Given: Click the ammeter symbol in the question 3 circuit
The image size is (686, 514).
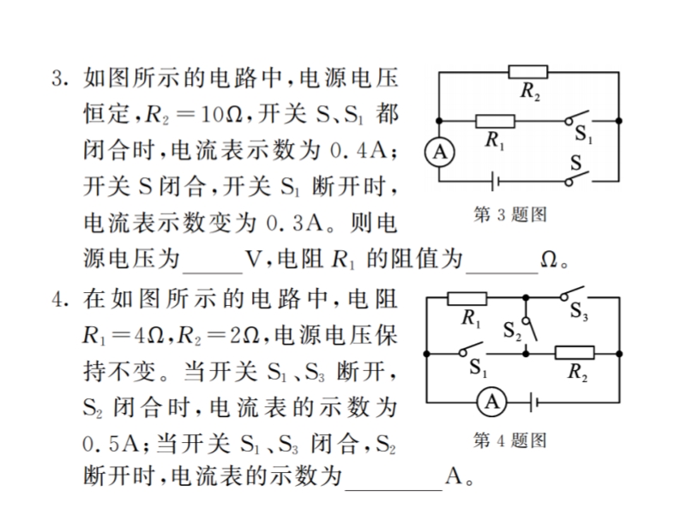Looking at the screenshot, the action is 440,152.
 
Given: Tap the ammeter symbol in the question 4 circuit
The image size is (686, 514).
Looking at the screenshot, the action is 491,402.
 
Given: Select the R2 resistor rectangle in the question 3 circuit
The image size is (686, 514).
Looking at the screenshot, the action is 528,72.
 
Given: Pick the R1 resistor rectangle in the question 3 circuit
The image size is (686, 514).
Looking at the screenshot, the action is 496,121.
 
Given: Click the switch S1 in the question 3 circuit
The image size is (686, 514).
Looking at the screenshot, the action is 576,118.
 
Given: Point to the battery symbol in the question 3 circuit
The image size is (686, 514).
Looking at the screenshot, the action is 496,181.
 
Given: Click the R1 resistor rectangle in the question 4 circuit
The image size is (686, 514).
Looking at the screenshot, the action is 466,298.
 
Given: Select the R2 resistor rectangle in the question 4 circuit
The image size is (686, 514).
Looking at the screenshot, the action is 575,353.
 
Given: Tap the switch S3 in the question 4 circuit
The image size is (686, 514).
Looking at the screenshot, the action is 572,293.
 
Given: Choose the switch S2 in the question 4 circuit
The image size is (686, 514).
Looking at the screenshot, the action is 531,329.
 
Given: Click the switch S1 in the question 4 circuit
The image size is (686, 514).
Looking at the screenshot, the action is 471,350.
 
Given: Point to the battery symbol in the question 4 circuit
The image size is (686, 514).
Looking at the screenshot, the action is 533,402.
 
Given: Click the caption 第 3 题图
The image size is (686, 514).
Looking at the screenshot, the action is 510,214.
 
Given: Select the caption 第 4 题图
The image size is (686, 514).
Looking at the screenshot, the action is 510,440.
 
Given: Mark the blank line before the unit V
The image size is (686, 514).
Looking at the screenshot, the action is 213,272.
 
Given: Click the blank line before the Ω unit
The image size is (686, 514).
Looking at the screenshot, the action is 502,272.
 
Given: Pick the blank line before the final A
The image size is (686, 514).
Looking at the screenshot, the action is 394,489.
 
